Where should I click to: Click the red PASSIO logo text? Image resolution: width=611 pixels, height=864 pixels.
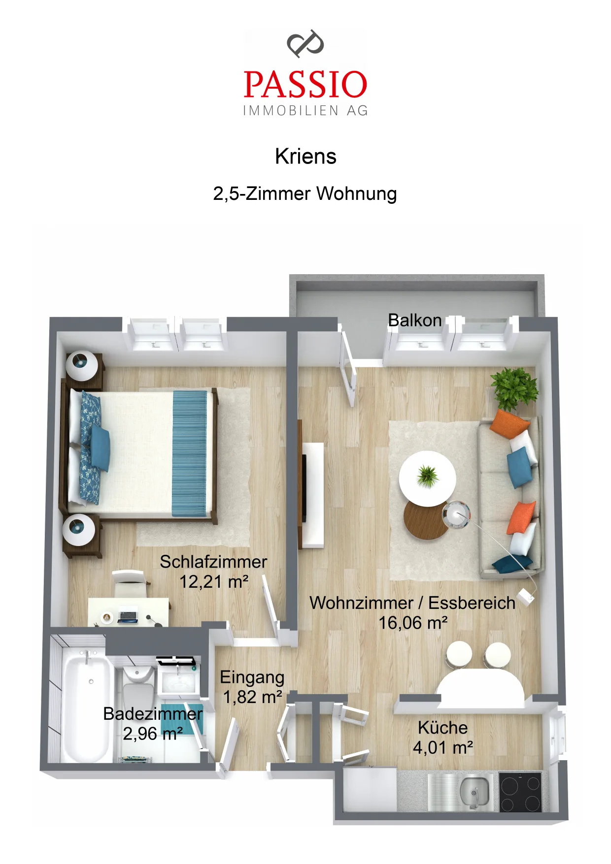[x=305, y=84]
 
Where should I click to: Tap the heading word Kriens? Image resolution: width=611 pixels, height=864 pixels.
[x=305, y=157]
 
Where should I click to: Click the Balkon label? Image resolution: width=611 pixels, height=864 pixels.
[x=415, y=320]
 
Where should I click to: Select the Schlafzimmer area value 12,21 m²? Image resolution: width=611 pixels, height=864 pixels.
[x=214, y=582]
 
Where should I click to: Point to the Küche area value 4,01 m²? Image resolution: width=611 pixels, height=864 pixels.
[x=443, y=748]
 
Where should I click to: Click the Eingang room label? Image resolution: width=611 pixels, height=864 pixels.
[x=252, y=677]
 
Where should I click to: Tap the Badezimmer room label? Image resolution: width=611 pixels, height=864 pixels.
[x=153, y=714]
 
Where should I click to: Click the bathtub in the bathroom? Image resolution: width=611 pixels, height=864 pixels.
[x=87, y=705]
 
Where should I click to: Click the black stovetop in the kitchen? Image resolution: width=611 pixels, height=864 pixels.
[x=520, y=792]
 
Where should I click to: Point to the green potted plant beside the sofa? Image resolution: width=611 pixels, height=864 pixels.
[x=514, y=388]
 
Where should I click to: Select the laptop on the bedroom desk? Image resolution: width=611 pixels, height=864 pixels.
[x=128, y=616]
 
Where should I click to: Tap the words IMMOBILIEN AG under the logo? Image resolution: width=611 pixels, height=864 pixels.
[x=305, y=111]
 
